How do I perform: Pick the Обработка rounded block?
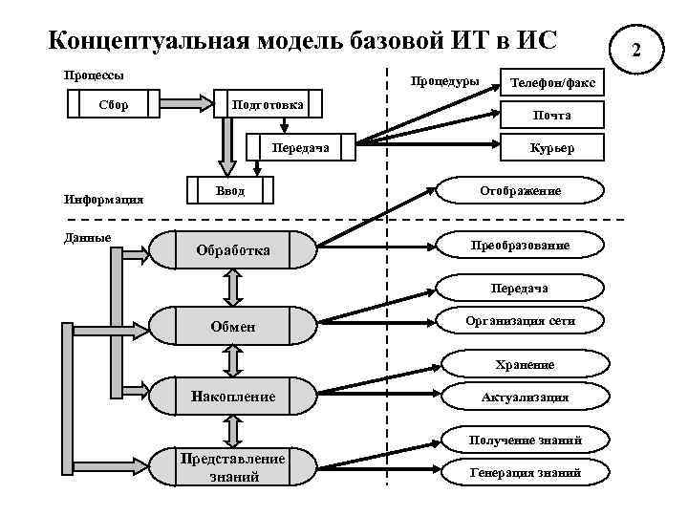[x=233, y=250]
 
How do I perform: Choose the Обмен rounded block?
[x=233, y=327]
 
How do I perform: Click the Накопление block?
[x=233, y=396]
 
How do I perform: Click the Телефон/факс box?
[x=553, y=84]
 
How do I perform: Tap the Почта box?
[x=553, y=115]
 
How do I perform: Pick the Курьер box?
[x=553, y=147]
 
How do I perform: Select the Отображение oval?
[x=521, y=191]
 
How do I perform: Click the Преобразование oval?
[x=521, y=246]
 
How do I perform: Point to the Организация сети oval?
[x=521, y=321]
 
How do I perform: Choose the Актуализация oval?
[x=525, y=397]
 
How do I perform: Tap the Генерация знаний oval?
[x=525, y=472]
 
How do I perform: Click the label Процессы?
[x=93, y=74]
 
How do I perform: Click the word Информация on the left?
[x=102, y=200]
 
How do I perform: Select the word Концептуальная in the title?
[x=147, y=40]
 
